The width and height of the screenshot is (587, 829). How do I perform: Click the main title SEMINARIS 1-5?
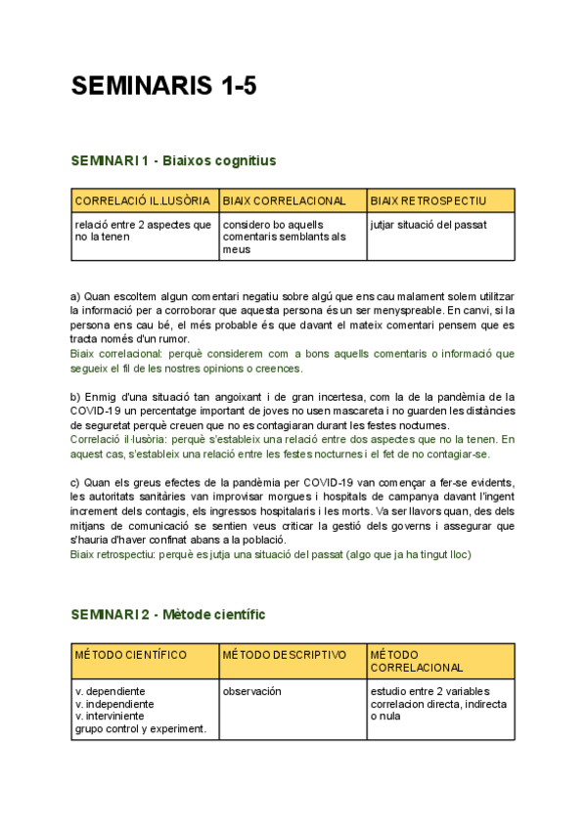(x=163, y=86)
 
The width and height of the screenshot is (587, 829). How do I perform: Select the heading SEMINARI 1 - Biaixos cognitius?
(x=173, y=160)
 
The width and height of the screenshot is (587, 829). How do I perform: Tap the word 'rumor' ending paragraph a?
(x=162, y=339)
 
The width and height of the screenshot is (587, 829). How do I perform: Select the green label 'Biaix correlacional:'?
(x=114, y=354)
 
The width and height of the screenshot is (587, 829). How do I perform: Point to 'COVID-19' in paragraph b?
(x=94, y=411)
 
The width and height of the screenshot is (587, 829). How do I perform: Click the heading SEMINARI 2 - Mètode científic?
(x=167, y=614)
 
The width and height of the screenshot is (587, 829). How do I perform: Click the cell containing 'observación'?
(x=251, y=691)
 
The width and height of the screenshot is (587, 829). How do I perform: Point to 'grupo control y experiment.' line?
(x=140, y=728)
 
